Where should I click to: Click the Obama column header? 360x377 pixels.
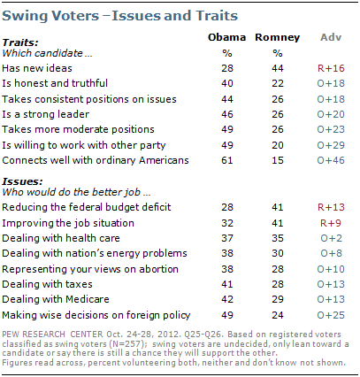(226, 37)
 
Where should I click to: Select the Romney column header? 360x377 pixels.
(277, 37)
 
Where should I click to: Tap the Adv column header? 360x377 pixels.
(331, 37)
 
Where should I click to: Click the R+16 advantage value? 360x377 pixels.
(331, 68)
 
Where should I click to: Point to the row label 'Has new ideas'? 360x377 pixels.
(37, 68)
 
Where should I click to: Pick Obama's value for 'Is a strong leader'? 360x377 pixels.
(227, 114)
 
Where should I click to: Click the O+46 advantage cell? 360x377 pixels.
(331, 160)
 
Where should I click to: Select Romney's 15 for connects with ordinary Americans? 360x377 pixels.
(278, 160)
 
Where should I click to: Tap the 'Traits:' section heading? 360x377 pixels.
(20, 42)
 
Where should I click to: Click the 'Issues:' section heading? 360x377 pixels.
(22, 181)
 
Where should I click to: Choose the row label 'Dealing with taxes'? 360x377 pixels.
(47, 284)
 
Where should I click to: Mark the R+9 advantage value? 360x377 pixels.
(331, 223)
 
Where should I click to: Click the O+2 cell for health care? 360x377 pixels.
(331, 238)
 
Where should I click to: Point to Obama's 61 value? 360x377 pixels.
(227, 160)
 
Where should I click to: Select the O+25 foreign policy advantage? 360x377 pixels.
(331, 315)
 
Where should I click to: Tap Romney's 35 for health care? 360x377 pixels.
(278, 238)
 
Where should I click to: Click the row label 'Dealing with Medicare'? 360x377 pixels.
(56, 299)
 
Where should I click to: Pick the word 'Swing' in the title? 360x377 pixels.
(25, 16)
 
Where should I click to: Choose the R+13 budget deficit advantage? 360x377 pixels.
(331, 207)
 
